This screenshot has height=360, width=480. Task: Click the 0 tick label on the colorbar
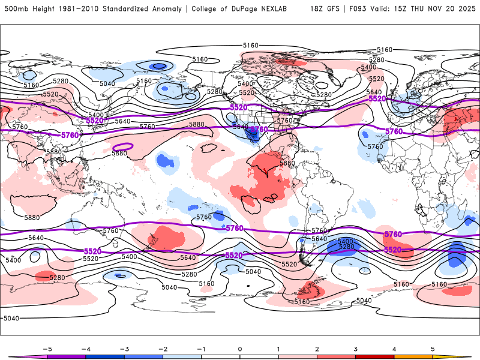click(240, 349)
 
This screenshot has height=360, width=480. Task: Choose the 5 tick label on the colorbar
click(433, 349)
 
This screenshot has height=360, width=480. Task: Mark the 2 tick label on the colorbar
click(317, 349)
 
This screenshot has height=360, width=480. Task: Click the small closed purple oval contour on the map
click(124, 146)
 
